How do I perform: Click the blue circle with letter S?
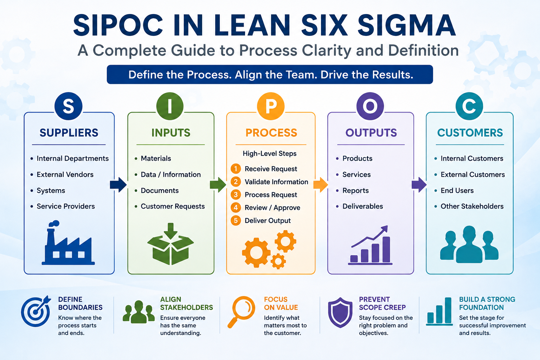69,106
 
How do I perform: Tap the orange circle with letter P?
271,106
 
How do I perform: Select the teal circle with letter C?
469,106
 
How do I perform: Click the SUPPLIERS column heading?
69,133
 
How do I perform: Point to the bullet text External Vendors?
65,174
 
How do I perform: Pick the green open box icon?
171,244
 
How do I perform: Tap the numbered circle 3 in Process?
236,194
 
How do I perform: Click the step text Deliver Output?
268,220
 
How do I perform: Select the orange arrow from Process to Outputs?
321,185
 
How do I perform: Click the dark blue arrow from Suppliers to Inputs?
118,185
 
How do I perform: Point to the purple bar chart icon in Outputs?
370,245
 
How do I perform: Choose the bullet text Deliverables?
362,206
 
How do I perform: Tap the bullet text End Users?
457,191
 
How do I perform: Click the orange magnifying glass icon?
241,312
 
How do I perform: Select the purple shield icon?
340,313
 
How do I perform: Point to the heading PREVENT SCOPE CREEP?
382,303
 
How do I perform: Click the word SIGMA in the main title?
406,25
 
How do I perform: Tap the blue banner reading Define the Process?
270,75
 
